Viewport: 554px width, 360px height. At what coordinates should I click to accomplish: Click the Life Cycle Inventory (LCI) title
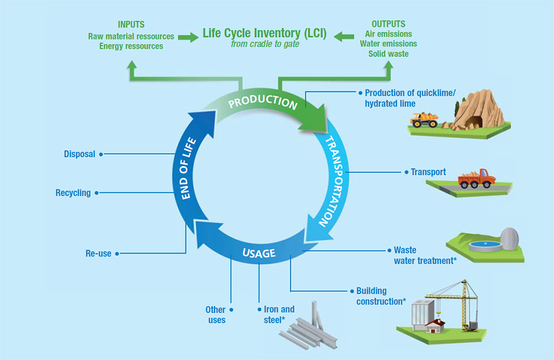coord(264,33)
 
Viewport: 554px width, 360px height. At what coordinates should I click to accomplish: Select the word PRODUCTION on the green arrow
coord(262,102)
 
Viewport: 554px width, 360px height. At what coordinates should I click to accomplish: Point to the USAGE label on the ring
coord(258,253)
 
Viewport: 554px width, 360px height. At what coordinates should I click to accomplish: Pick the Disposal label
coord(79,154)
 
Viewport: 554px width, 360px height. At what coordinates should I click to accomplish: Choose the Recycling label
coord(73,193)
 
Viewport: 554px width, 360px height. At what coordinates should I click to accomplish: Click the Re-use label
coord(98,253)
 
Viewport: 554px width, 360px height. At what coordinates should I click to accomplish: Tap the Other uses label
coord(216,314)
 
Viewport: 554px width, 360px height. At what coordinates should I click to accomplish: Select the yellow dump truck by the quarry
coord(424,119)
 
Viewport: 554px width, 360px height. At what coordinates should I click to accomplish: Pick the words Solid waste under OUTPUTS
coord(388,54)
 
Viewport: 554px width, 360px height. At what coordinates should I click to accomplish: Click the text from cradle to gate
coord(265,44)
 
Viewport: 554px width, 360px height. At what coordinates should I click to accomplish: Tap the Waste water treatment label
coord(425,256)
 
